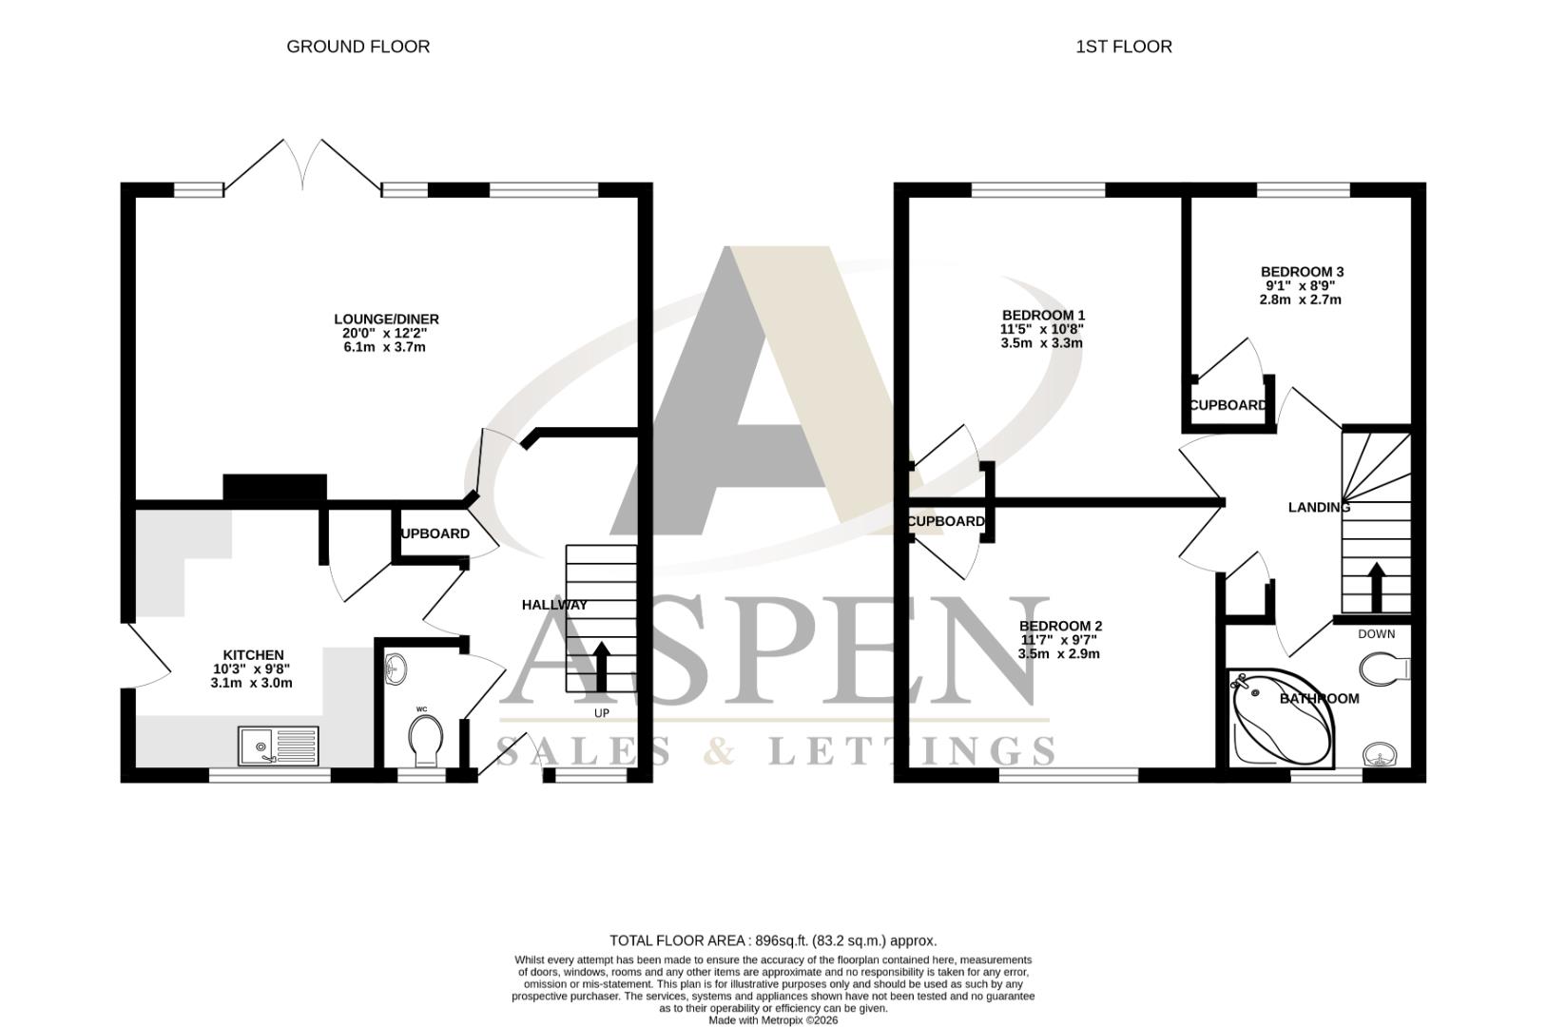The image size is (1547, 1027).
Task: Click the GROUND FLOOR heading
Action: pyautogui.click(x=358, y=47)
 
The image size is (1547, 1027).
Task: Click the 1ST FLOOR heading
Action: pyautogui.click(x=1123, y=47)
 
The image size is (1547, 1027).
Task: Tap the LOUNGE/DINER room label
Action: pyautogui.click(x=386, y=320)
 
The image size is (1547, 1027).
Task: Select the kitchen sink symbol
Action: pyautogui.click(x=280, y=745)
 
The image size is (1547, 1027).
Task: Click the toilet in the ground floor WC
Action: pyautogui.click(x=425, y=739)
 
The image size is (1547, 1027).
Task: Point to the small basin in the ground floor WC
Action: pyautogui.click(x=395, y=669)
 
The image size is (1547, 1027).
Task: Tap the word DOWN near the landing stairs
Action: pyautogui.click(x=1376, y=634)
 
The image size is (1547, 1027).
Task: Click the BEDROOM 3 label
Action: pyautogui.click(x=1302, y=272)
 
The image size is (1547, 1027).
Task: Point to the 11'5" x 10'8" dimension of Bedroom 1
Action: pyautogui.click(x=1042, y=329)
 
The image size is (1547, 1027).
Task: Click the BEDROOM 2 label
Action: pyautogui.click(x=1060, y=626)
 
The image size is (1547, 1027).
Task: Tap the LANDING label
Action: pyautogui.click(x=1319, y=508)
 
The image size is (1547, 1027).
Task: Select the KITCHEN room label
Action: pyautogui.click(x=253, y=655)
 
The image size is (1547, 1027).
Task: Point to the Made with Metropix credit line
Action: pyautogui.click(x=773, y=1020)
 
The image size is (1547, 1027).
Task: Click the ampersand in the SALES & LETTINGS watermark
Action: pyautogui.click(x=720, y=750)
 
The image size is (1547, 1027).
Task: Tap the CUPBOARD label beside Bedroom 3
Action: pyautogui.click(x=1228, y=405)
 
